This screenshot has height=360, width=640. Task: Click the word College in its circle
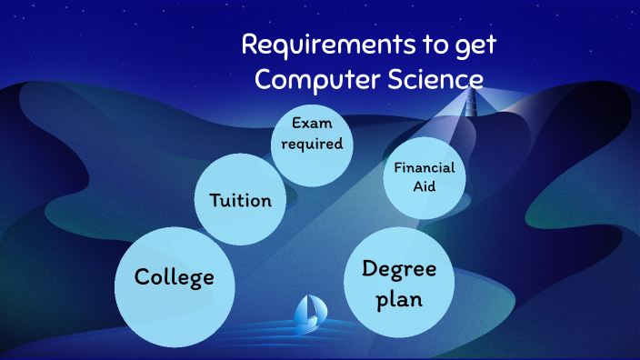tap(175, 275)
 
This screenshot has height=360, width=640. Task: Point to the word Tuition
tap(240, 199)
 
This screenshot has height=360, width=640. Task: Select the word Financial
tap(424, 167)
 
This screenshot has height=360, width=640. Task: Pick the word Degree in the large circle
tap(400, 269)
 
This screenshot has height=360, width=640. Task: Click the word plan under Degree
tap(400, 298)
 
